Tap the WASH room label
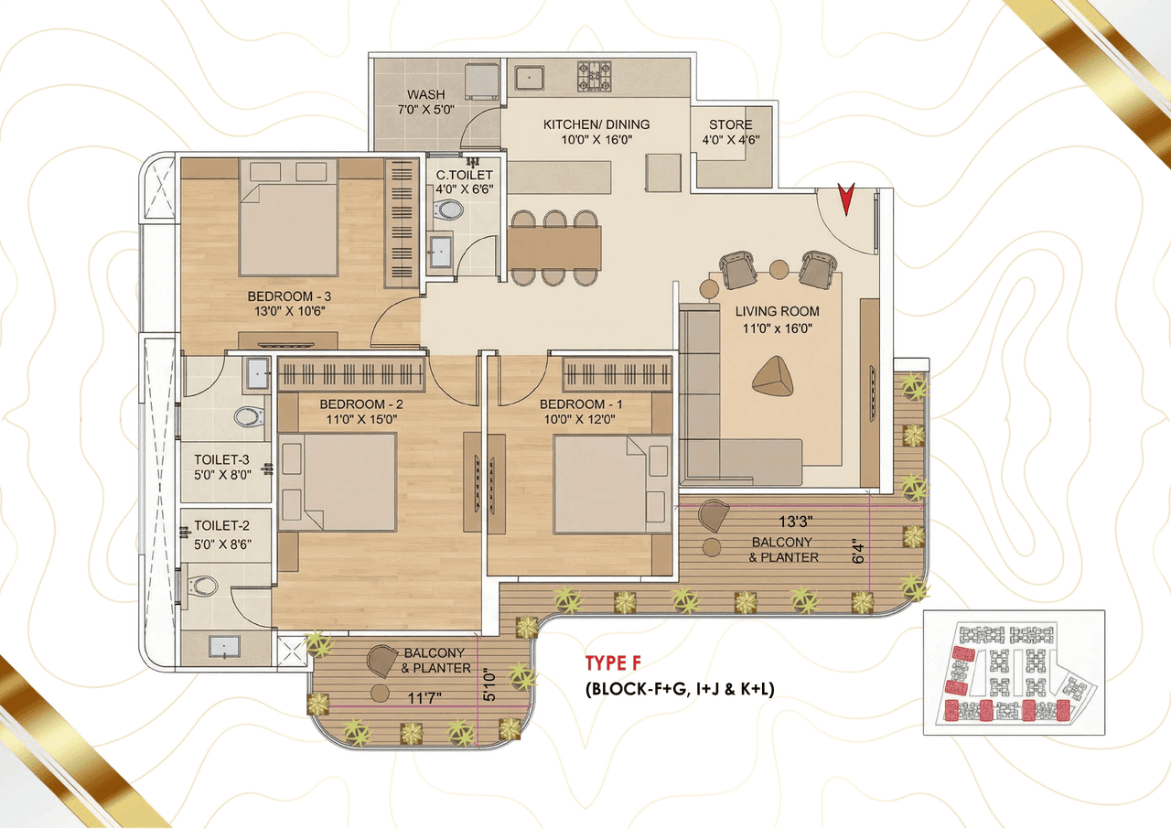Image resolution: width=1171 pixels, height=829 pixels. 426,94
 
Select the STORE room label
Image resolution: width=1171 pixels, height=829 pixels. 730,124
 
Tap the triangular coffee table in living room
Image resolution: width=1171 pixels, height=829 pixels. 773,376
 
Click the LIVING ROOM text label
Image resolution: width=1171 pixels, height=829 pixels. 777,311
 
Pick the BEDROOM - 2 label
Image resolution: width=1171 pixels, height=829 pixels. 361,404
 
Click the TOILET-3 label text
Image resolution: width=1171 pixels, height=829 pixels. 221,459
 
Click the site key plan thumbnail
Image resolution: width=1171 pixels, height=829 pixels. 1014,673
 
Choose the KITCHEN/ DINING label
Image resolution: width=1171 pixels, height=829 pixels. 596,124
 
